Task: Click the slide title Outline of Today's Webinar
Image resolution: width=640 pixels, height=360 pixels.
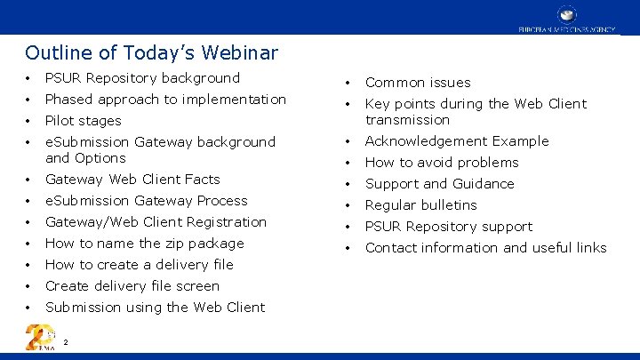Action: tap(151, 53)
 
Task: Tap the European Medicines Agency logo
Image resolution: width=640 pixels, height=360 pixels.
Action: tap(567, 19)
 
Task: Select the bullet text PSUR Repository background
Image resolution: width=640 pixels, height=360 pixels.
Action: tap(142, 78)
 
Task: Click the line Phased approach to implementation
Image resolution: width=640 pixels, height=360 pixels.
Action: tap(165, 100)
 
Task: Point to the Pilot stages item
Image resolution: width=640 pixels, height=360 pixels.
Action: tap(83, 121)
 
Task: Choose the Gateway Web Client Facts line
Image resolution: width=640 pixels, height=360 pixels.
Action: tap(132, 180)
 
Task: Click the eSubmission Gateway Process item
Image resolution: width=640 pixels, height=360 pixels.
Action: tap(146, 201)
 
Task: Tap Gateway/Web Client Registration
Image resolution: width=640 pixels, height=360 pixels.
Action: tap(156, 222)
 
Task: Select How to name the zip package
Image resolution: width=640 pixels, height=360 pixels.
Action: tap(144, 244)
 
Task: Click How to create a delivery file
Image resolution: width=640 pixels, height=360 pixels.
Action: tap(139, 265)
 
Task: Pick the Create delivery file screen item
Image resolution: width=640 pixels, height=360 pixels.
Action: tap(132, 286)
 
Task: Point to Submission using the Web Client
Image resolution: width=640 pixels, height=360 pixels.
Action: tap(155, 308)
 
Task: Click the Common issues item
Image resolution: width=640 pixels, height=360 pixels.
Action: tap(418, 83)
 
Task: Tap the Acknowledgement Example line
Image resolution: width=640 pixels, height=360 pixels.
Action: tap(457, 141)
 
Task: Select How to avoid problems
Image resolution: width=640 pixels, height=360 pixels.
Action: tap(442, 163)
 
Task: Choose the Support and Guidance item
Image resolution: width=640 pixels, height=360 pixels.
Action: tap(439, 184)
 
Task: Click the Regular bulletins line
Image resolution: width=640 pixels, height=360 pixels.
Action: tap(420, 205)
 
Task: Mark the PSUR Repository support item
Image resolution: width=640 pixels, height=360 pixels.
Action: tap(449, 227)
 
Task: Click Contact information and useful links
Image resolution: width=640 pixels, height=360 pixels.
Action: tap(485, 248)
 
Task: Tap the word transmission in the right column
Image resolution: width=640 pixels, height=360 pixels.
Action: tap(407, 120)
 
